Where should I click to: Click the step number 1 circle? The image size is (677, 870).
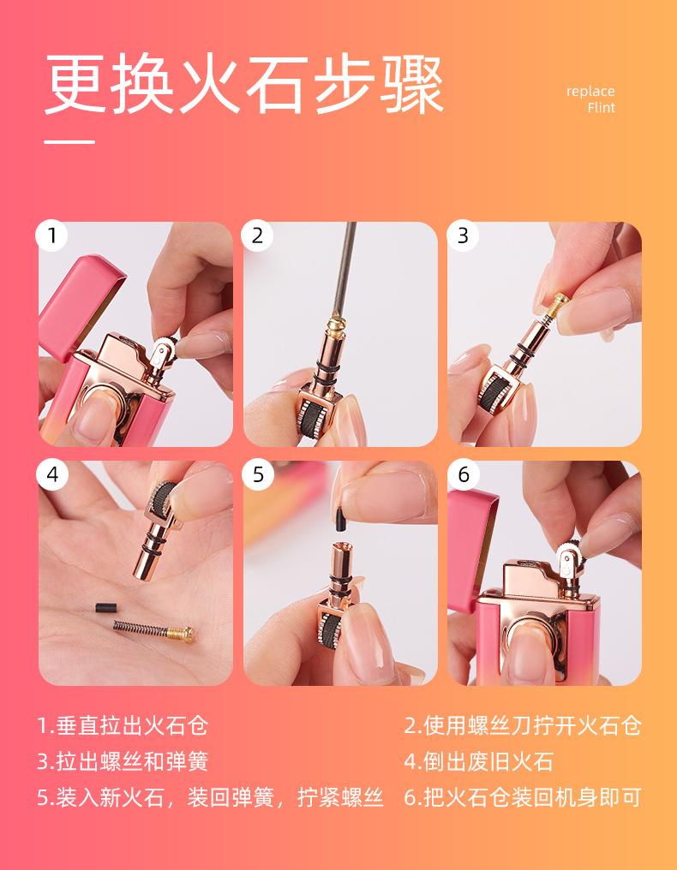tap(51, 235)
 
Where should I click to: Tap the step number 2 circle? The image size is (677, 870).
tap(257, 235)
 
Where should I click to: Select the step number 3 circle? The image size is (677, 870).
tap(463, 235)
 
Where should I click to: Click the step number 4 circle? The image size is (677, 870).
tap(51, 475)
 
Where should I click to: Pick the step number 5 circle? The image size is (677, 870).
tap(257, 475)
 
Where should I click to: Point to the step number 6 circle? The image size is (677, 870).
tap(463, 475)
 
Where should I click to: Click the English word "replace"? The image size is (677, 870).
tap(590, 92)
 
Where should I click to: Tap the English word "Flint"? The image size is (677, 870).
tap(602, 108)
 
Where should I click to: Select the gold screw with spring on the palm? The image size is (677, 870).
tap(154, 630)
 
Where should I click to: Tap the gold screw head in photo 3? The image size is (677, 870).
tap(558, 301)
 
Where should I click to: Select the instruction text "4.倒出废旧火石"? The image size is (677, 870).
tap(478, 761)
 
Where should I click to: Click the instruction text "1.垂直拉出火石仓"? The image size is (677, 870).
tap(123, 726)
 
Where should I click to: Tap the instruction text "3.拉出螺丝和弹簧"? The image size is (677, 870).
tap(123, 761)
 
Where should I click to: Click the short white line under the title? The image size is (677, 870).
tap(69, 142)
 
